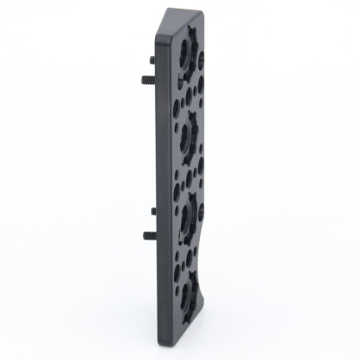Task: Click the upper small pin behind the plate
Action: point(152,60)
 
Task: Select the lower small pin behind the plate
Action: point(153,210)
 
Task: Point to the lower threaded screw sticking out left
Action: point(146,234)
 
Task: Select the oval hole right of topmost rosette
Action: point(201,61)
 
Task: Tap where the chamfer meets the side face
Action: point(159,39)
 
